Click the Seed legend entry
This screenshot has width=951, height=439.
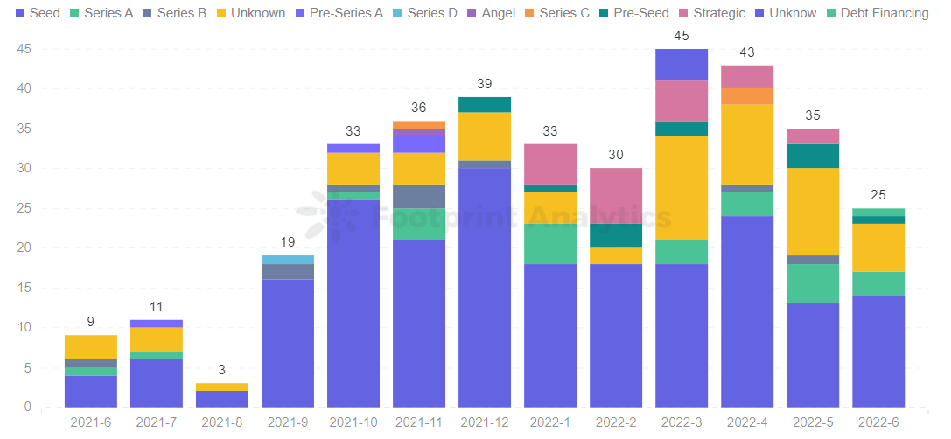click(x=38, y=13)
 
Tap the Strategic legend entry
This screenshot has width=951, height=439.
click(x=710, y=13)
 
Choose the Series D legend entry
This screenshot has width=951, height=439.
click(x=424, y=13)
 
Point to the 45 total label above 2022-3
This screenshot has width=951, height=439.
click(x=682, y=36)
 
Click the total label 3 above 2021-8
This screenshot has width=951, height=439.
click(x=222, y=370)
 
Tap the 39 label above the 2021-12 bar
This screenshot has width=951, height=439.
click(x=485, y=84)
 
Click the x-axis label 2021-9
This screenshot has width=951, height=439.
click(x=288, y=422)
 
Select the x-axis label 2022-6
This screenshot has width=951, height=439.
click(x=878, y=422)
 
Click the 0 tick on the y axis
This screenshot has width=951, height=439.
click(x=27, y=408)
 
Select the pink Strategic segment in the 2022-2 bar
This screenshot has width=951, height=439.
click(x=616, y=196)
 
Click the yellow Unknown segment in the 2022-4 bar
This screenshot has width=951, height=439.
click(x=747, y=144)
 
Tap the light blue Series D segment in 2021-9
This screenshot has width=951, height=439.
click(x=288, y=260)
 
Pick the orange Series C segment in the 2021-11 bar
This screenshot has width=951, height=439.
click(x=419, y=125)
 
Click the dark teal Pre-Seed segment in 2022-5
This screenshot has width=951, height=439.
click(x=813, y=156)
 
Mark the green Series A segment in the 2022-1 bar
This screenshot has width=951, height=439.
click(x=550, y=243)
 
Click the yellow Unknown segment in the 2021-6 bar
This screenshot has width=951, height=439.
click(x=91, y=347)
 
